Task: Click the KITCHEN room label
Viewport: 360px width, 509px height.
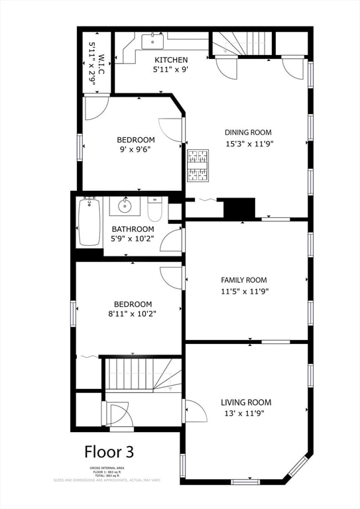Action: [171, 60]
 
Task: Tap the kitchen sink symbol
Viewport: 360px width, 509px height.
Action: [153, 41]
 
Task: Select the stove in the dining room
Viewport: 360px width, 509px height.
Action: [197, 165]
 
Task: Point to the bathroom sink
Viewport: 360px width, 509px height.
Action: [124, 207]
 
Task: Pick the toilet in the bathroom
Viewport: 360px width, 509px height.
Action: [154, 210]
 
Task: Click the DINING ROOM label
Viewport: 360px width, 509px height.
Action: [247, 133]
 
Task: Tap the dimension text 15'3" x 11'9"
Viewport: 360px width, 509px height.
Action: [249, 143]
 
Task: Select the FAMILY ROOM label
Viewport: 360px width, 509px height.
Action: [244, 280]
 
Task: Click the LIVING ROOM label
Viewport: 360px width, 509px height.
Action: [246, 402]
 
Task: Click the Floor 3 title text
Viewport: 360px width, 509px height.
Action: [109, 452]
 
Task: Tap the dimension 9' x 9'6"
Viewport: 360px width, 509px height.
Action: [135, 150]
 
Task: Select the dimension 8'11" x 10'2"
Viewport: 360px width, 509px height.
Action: [130, 315]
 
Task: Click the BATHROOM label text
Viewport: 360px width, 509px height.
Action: [133, 229]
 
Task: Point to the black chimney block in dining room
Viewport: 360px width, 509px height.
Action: [239, 208]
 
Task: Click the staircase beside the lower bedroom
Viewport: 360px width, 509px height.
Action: [143, 374]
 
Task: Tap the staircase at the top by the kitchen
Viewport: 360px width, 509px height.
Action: [243, 42]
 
